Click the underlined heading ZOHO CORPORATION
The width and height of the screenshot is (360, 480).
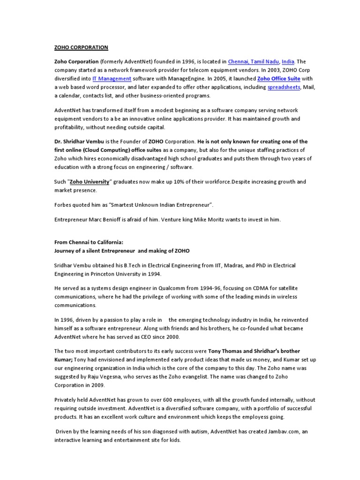[x=81, y=47]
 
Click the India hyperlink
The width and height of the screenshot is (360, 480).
[x=288, y=61]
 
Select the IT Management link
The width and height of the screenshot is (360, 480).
[x=112, y=79]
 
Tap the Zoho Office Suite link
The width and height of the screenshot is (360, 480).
[x=278, y=79]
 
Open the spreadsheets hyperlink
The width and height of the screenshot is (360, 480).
[x=284, y=87]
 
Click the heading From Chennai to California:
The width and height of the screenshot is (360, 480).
[x=89, y=242]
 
